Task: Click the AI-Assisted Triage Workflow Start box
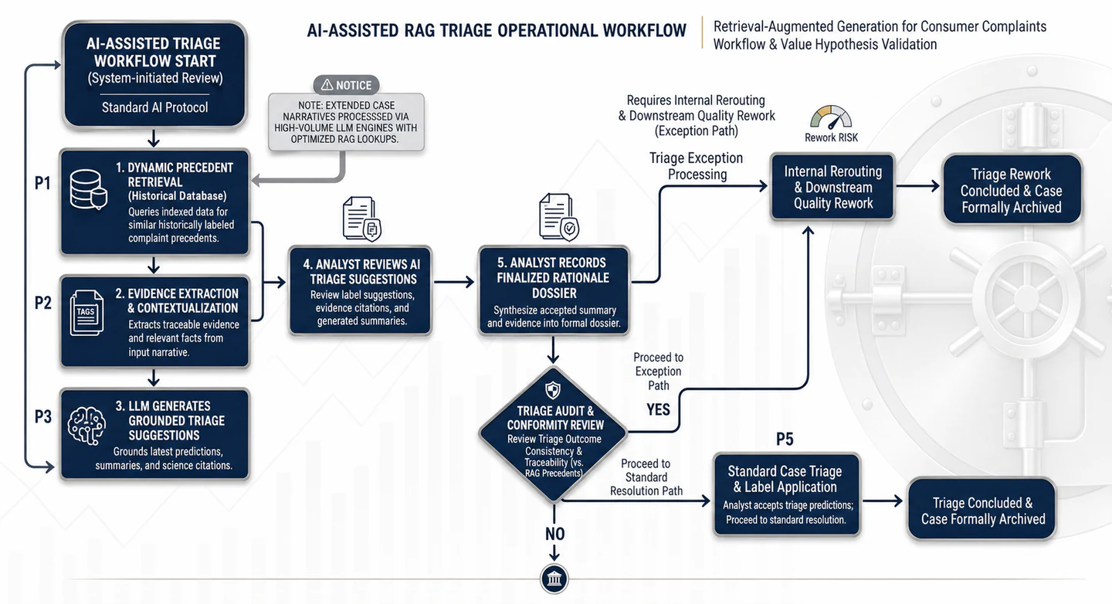click(154, 74)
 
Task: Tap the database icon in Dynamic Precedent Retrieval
click(88, 189)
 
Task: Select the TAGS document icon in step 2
click(86, 313)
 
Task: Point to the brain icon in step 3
click(86, 426)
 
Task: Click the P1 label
click(42, 183)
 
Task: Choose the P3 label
click(43, 416)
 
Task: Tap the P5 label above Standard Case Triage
click(785, 439)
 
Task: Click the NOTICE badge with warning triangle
click(347, 85)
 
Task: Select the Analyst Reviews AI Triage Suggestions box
click(361, 290)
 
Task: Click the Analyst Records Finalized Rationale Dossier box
click(554, 290)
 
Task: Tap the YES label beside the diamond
click(658, 410)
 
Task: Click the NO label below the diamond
click(554, 534)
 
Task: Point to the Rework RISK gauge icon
click(831, 117)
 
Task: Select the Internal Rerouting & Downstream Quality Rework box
click(832, 187)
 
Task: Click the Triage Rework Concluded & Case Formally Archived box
click(1012, 190)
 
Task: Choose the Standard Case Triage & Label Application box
click(787, 495)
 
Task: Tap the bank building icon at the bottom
click(554, 579)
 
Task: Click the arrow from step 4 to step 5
click(454, 282)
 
